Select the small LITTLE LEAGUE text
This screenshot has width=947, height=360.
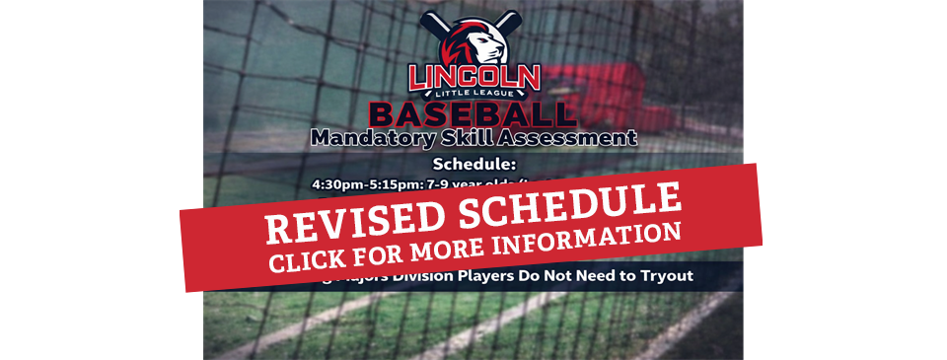(x=474, y=94)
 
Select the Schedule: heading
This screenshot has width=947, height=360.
(x=473, y=164)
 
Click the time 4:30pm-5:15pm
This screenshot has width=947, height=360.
(x=359, y=183)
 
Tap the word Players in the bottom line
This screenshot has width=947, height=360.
(x=522, y=277)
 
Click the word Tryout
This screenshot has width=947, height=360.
(x=665, y=277)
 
